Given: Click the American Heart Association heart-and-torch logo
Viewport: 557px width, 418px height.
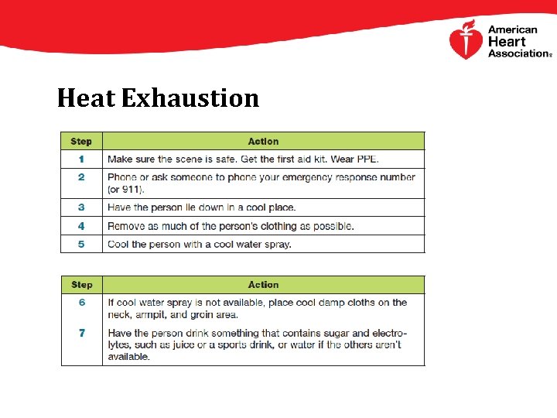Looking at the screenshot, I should coord(466,41).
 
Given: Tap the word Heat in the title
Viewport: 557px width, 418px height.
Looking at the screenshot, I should coord(85,98).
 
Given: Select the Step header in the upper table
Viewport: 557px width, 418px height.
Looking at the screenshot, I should coord(81,142).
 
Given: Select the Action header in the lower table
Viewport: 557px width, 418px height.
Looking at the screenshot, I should coord(263,285).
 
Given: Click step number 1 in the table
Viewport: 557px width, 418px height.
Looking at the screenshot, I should coord(81,159).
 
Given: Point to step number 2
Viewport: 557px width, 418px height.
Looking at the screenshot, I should coord(81,177).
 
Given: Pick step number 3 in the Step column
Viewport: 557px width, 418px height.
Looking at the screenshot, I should coord(81,207).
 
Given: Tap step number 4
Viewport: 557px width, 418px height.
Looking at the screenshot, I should coord(81,226).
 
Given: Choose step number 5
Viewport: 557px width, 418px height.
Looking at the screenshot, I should coord(81,244).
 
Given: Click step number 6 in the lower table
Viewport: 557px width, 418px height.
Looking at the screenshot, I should coord(81,303).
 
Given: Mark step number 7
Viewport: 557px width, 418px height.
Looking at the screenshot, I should coord(81,333).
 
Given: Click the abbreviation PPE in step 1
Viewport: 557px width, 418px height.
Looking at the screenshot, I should coord(367,159).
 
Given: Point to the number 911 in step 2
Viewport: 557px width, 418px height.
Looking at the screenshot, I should coord(130,189).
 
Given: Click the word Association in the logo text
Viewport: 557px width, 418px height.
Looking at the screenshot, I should coord(518,53).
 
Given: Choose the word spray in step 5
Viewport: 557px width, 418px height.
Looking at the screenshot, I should coord(276,244).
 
